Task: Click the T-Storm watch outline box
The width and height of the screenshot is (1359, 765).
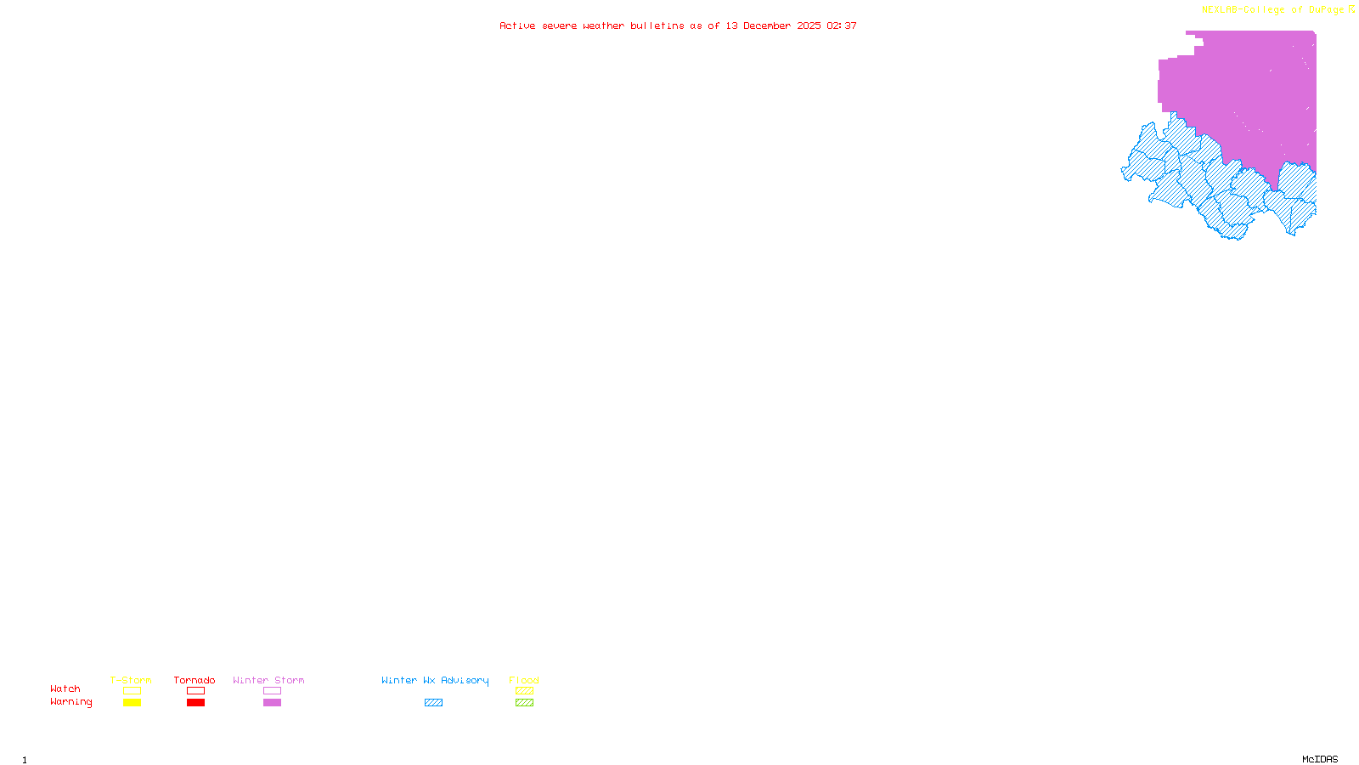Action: (132, 691)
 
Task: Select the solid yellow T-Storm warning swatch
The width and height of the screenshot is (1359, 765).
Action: (132, 703)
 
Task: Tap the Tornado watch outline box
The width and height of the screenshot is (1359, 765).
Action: (195, 691)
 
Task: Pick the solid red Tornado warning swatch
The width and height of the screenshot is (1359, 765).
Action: (195, 703)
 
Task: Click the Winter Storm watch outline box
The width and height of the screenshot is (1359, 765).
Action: (272, 691)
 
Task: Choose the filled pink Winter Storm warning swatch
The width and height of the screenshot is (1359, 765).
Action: (272, 703)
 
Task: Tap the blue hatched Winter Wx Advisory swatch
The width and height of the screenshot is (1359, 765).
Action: (433, 703)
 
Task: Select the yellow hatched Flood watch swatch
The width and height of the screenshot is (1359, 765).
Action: (524, 691)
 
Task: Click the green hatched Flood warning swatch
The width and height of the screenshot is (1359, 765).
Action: (524, 703)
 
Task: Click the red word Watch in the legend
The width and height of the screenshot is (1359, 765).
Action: (65, 688)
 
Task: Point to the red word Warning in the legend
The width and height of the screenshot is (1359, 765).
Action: (70, 702)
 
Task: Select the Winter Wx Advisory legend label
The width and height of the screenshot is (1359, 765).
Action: (435, 680)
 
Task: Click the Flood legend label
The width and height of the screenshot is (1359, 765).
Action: (524, 680)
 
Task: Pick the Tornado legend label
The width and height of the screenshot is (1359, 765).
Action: (195, 680)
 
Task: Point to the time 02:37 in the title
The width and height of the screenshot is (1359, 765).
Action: (842, 25)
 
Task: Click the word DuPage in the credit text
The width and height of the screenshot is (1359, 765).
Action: (1327, 10)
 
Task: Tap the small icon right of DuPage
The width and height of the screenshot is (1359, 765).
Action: (1352, 9)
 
